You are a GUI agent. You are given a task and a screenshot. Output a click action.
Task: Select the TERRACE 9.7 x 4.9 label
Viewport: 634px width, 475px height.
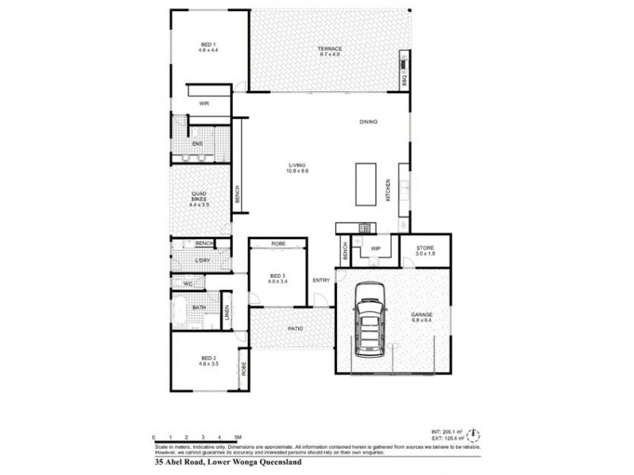point(330,51)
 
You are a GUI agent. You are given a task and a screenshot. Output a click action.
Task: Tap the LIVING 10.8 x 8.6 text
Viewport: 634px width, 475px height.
point(297,168)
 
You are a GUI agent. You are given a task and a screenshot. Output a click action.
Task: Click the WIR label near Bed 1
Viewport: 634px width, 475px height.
point(204,104)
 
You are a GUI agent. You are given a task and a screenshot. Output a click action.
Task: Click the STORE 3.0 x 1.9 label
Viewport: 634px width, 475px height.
point(425,252)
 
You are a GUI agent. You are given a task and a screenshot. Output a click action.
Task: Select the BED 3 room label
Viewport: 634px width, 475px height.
point(277,277)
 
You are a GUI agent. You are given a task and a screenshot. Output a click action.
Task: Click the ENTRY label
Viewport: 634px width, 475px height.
point(321,280)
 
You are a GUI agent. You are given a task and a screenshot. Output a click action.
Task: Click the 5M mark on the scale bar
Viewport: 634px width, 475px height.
point(238,437)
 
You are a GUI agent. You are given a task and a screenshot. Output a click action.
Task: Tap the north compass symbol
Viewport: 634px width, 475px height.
point(473,433)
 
